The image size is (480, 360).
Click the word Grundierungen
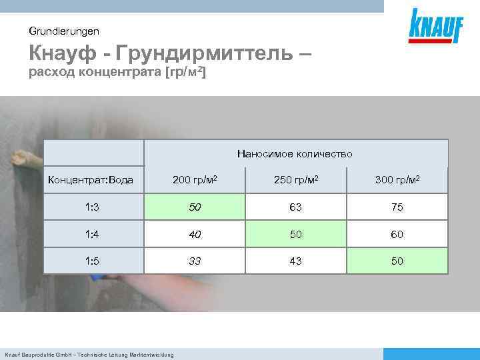coord(64,31)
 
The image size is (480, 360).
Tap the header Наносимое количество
coord(295,154)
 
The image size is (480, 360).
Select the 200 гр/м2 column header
coord(195,180)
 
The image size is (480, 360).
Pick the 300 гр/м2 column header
coord(397,180)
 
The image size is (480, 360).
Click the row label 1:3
coord(93,207)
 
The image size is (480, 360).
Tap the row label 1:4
coord(93,235)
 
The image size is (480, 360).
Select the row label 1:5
coord(93,261)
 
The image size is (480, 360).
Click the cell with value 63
coord(295,207)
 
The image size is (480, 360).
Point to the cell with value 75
coord(397,207)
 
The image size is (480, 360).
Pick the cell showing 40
coord(195,235)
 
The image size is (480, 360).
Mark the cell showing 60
coord(397,235)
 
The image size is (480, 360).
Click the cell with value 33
coord(195,261)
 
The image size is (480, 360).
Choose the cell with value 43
coord(295,261)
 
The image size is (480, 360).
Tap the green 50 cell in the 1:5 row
coord(397,261)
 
